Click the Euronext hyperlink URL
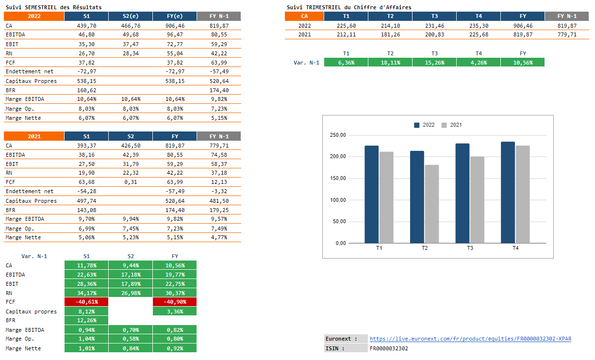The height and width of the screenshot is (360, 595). click(x=470, y=339)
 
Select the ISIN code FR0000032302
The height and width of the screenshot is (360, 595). click(x=389, y=348)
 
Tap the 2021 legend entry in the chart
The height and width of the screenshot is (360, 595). click(x=452, y=125)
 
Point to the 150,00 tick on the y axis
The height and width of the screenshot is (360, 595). click(x=337, y=178)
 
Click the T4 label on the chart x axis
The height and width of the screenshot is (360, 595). click(x=515, y=248)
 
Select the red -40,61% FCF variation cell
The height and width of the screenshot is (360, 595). click(x=86, y=302)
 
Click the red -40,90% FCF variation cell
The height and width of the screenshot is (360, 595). click(x=175, y=302)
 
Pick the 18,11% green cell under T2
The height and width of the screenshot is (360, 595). click(x=390, y=62)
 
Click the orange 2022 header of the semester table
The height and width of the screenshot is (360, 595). click(x=34, y=16)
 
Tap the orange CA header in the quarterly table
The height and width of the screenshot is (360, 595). click(x=304, y=16)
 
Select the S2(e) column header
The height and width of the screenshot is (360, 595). click(x=131, y=16)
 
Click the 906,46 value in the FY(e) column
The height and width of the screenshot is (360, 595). click(x=175, y=26)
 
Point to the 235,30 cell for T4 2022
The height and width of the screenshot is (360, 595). click(x=479, y=26)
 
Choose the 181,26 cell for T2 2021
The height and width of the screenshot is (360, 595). click(x=390, y=35)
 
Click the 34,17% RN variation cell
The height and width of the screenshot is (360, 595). click(x=86, y=293)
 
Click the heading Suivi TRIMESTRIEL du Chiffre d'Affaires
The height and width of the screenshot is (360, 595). click(x=349, y=7)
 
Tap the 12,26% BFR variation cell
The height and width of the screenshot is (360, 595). click(x=86, y=320)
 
